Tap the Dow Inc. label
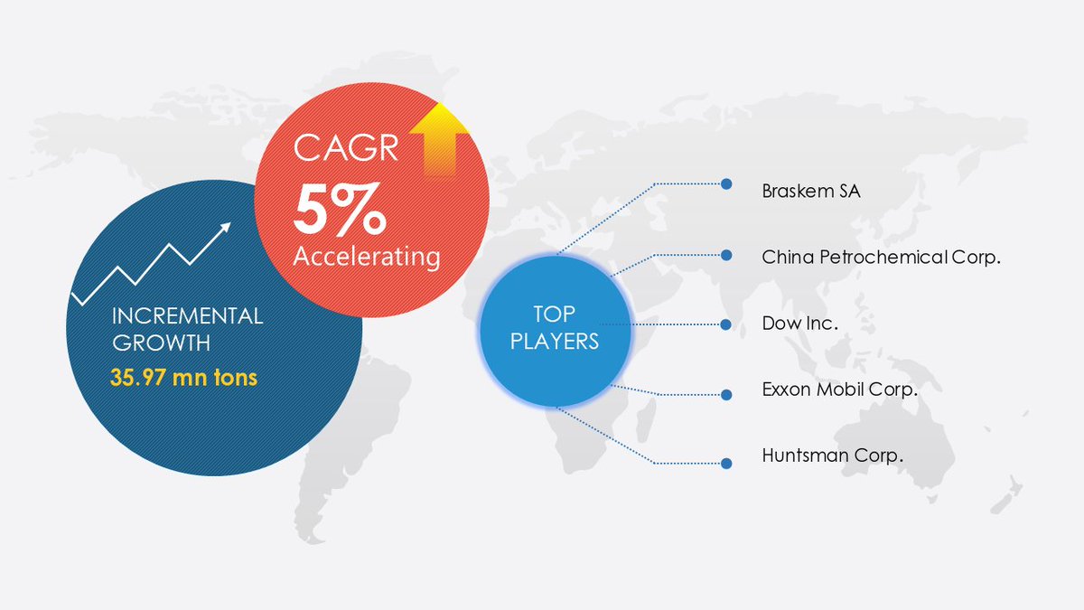tap(800, 324)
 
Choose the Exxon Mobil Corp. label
tap(839, 390)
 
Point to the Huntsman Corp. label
tap(832, 455)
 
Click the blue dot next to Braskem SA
tap(725, 183)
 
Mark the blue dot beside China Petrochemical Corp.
tap(725, 255)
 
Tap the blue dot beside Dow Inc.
tap(725, 324)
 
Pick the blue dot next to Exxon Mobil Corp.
tap(725, 394)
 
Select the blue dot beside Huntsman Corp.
tap(725, 463)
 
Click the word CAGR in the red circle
tap(346, 148)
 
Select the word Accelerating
tap(366, 257)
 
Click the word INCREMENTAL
tap(187, 316)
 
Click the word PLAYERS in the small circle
tap(552, 343)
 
